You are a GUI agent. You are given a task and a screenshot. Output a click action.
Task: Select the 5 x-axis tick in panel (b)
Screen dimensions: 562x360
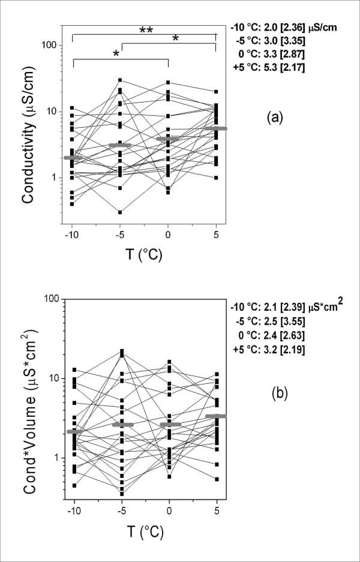coord(215,512)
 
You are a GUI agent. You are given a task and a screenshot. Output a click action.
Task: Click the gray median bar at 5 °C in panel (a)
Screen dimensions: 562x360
coord(215,128)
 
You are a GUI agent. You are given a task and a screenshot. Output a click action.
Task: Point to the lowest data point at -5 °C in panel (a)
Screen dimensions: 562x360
coord(121,212)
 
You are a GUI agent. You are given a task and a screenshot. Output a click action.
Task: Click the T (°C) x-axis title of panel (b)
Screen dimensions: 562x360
coord(143,531)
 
